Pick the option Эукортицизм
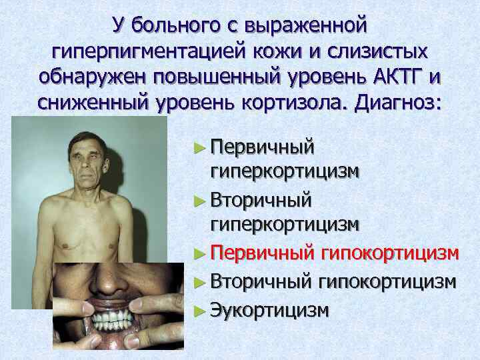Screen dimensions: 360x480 pos(269,311)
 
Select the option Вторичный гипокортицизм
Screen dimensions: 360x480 pos(333,282)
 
